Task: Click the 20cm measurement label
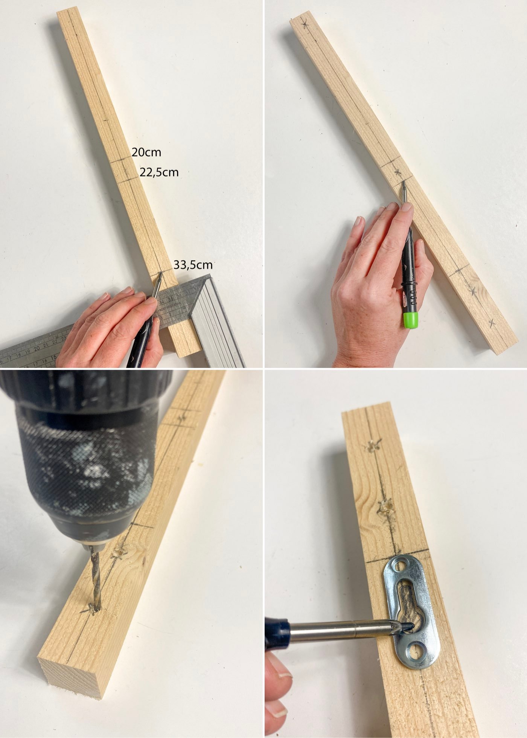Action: click(146, 152)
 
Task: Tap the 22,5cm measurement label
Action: click(159, 172)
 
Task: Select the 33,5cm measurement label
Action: click(193, 265)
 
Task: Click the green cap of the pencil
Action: click(410, 320)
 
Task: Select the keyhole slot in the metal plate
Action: click(408, 606)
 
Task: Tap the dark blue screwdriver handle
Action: click(277, 633)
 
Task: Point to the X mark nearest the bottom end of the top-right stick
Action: click(491, 323)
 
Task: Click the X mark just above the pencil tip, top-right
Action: click(398, 172)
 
